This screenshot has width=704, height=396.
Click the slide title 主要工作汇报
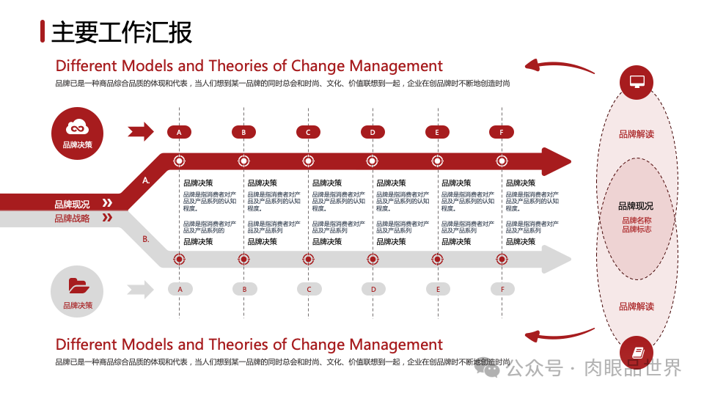pyautogui.click(x=122, y=32)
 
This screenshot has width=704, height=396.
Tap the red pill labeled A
pyautogui.click(x=179, y=132)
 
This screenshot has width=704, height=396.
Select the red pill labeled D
pyautogui.click(x=373, y=132)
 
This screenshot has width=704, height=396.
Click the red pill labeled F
pyautogui.click(x=502, y=132)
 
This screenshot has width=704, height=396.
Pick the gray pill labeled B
pyautogui.click(x=244, y=289)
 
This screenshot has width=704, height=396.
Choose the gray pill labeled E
pyautogui.click(x=438, y=289)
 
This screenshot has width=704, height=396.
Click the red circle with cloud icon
pyautogui.click(x=78, y=132)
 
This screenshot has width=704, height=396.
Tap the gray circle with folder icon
pyautogui.click(x=77, y=291)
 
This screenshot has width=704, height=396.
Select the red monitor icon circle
pyautogui.click(x=636, y=81)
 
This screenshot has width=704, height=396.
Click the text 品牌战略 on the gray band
pyautogui.click(x=72, y=218)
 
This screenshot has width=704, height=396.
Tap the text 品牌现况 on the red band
pyautogui.click(x=72, y=204)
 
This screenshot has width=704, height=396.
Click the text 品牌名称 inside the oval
pyautogui.click(x=636, y=220)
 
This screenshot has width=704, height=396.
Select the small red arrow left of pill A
pyautogui.click(x=140, y=132)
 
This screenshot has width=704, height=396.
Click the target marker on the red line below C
pyautogui.click(x=308, y=161)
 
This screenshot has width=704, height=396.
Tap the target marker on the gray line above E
pyautogui.click(x=438, y=259)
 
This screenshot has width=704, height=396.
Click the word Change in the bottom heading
pyautogui.click(x=318, y=344)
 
